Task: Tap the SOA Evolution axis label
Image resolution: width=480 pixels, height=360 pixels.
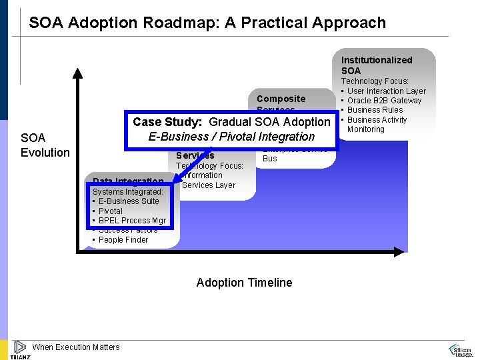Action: point(45,145)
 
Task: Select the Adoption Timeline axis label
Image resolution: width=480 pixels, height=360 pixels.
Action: point(244,283)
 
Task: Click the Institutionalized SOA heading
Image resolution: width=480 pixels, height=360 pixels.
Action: point(377,65)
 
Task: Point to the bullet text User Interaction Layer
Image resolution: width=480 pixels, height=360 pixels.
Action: point(386,91)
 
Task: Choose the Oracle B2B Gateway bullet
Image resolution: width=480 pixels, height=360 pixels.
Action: point(384,101)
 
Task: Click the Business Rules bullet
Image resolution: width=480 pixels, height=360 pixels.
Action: point(375,110)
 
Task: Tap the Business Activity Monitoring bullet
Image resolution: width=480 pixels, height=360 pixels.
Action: point(377,124)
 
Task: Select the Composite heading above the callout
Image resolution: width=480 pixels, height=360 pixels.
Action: point(281,99)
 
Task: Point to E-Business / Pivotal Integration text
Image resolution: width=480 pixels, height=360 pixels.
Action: point(231,137)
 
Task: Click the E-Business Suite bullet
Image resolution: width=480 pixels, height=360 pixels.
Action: point(129,201)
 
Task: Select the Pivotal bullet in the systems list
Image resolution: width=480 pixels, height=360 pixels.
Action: point(111,211)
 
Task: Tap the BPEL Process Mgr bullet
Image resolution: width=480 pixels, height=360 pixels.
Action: point(132,221)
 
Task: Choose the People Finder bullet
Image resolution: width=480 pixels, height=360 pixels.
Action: point(123,240)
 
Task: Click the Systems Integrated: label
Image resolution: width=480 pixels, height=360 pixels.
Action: point(128,192)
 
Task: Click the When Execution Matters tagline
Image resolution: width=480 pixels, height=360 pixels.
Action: point(76,347)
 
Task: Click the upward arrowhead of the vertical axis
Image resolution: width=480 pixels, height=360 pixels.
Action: point(79,73)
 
